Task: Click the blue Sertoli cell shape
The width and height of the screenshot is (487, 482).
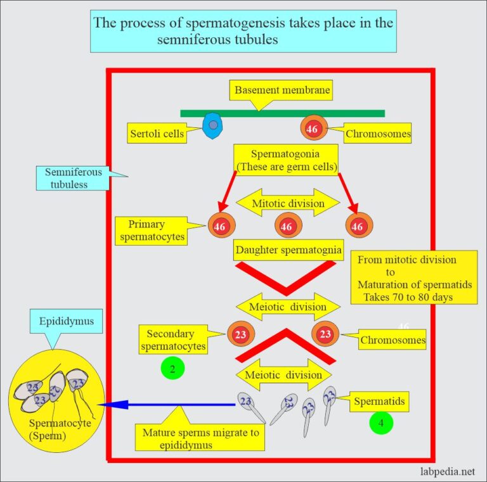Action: [212, 125]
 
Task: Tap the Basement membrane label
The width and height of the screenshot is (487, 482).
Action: [282, 91]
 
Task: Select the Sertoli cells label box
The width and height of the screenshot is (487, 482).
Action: [157, 134]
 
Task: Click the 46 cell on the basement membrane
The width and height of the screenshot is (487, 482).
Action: [312, 129]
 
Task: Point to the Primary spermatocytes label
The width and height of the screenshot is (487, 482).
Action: [151, 230]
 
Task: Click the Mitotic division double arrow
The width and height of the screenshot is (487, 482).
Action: [289, 203]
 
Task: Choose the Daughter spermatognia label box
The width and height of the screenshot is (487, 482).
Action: [289, 250]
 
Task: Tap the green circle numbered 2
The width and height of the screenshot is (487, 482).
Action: [172, 368]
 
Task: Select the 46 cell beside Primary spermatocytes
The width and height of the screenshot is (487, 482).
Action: [219, 226]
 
